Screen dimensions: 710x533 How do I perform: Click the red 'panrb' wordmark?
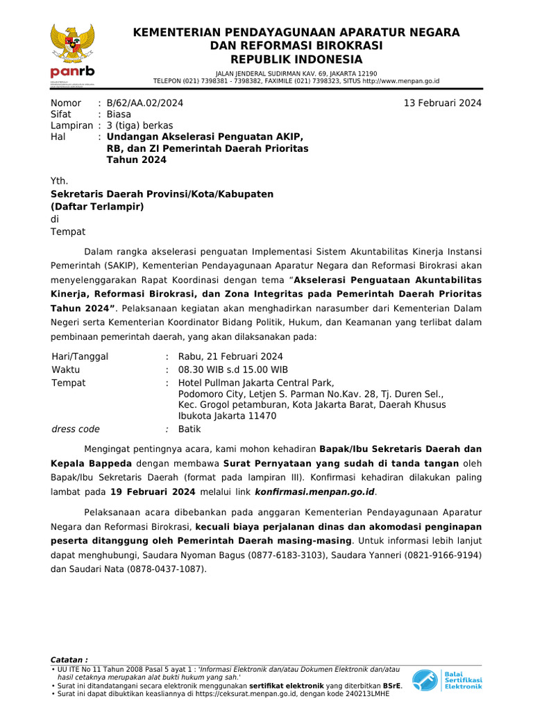tap(72, 71)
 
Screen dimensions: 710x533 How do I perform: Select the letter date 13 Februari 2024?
tap(443, 103)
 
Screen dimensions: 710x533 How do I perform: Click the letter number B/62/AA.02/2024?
tap(145, 103)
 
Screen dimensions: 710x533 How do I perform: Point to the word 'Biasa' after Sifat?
tap(119, 114)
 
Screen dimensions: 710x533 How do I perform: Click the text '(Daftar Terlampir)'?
tap(96, 206)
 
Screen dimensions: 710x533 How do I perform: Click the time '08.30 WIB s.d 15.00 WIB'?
tap(233, 370)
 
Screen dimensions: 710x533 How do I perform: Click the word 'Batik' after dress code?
tap(189, 429)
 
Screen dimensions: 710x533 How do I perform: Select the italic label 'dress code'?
tap(76, 429)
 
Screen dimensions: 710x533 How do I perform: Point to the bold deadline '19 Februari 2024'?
tap(153, 492)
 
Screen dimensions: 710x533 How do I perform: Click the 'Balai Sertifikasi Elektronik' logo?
tap(446, 680)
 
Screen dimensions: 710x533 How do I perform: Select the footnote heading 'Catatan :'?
tap(69, 659)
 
